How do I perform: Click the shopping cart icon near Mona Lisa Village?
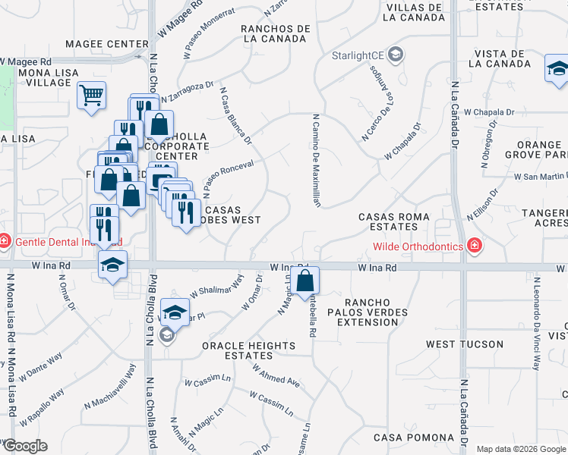point(91,96)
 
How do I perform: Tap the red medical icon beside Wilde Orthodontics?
point(475,246)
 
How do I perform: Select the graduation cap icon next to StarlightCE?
point(395,55)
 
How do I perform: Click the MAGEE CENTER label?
point(106,44)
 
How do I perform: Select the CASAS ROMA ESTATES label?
point(394,221)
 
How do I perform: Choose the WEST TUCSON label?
point(464,344)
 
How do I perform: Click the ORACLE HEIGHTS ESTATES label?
point(248,350)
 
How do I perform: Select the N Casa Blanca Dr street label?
point(235,116)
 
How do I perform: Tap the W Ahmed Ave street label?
point(279,378)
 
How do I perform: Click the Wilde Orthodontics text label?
point(418,246)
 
